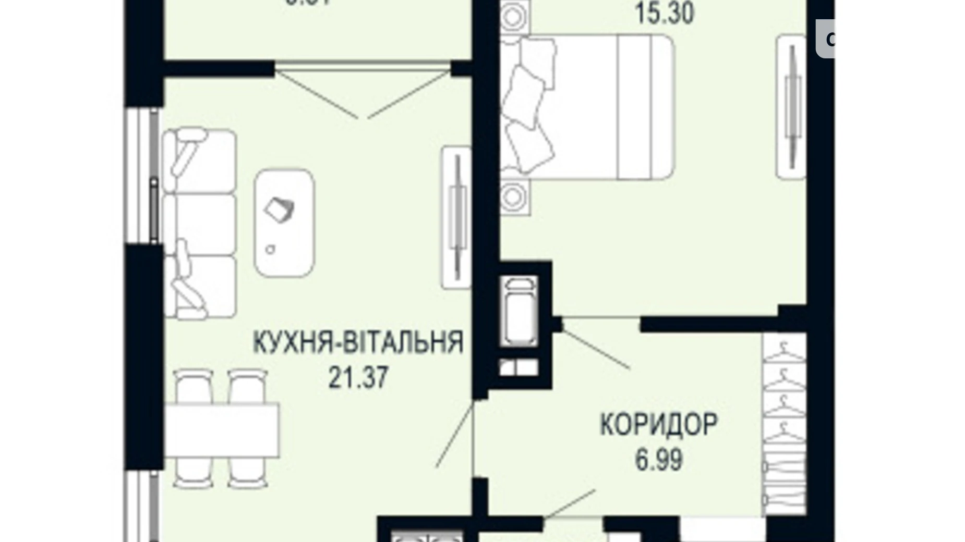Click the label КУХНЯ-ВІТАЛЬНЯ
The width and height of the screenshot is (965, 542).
click(358, 343)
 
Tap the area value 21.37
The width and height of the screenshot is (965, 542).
click(358, 377)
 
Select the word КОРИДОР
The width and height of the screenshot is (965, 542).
click(658, 425)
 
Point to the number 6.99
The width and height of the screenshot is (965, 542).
click(658, 460)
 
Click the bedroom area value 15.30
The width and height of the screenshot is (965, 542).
click(664, 14)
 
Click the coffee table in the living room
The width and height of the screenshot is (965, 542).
click(284, 223)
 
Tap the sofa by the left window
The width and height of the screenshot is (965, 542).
click(199, 224)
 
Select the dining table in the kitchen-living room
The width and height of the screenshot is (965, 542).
click(222, 430)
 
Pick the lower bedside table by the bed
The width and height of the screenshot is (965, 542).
click(514, 197)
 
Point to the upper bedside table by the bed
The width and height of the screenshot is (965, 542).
click(513, 17)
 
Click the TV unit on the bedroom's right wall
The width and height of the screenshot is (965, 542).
click(792, 107)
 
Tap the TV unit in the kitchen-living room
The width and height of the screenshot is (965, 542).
click(456, 216)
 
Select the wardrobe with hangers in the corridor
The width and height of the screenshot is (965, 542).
click(784, 423)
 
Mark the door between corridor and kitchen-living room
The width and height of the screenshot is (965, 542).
click(455, 435)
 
